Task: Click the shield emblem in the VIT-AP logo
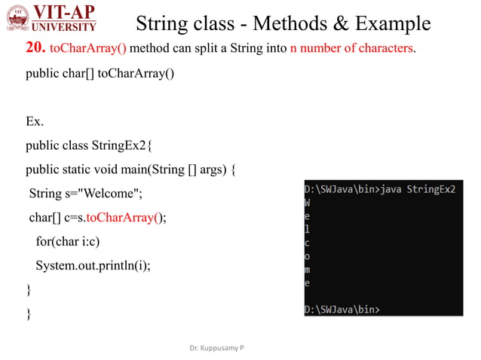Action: pyautogui.click(x=17, y=19)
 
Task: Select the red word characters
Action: pyautogui.click(x=380, y=49)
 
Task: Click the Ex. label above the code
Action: pyautogui.click(x=35, y=121)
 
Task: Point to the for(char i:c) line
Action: pyautogui.click(x=67, y=242)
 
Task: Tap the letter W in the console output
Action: pyautogui.click(x=308, y=203)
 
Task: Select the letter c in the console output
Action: pyautogui.click(x=307, y=243)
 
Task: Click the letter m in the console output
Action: pyautogui.click(x=307, y=270)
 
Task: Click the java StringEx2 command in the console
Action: pyautogui.click(x=418, y=189)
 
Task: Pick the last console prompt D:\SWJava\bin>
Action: pyautogui.click(x=342, y=310)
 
